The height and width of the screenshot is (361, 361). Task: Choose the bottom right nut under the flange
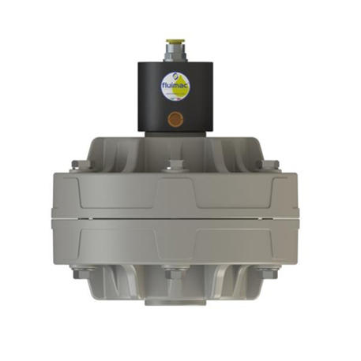coord(271,274)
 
